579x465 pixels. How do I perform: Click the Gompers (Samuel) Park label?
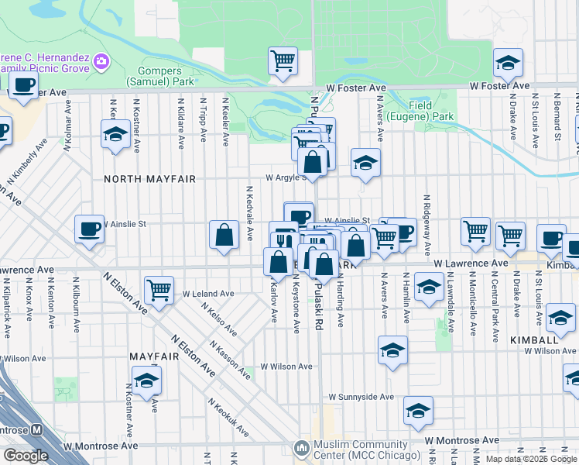tap(166, 74)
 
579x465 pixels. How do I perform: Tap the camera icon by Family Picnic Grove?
tap(101, 61)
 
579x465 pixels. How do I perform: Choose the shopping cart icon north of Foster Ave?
tap(283, 60)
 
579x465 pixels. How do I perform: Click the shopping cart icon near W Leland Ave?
tap(159, 291)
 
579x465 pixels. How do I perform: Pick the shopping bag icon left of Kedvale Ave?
tap(224, 235)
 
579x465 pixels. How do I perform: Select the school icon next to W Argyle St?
tap(365, 163)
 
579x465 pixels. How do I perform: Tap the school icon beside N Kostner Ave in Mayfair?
tap(146, 381)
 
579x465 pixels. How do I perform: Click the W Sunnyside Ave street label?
tap(361, 397)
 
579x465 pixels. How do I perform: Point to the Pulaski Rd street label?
tap(318, 305)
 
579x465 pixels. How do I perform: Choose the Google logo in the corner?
tap(26, 455)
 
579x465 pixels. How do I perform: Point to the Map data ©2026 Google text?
tap(530, 459)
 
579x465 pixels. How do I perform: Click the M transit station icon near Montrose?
tap(36, 430)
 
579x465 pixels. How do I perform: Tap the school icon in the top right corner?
tap(508, 64)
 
